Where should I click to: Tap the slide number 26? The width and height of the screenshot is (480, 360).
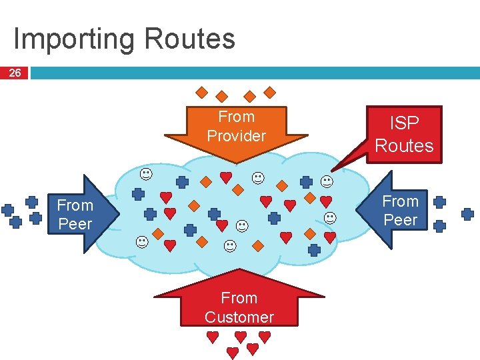pyautogui.click(x=14, y=73)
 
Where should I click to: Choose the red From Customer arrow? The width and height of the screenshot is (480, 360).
pyautogui.click(x=239, y=303)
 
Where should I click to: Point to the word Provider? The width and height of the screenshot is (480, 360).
pyautogui.click(x=236, y=136)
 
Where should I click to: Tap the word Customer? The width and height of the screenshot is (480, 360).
pyautogui.click(x=239, y=317)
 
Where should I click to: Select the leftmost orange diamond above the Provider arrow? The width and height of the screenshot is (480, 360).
pyautogui.click(x=201, y=93)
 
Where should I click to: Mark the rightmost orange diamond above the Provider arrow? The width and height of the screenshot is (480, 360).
pyautogui.click(x=270, y=92)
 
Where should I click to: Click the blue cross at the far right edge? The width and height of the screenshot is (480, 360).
pyautogui.click(x=468, y=214)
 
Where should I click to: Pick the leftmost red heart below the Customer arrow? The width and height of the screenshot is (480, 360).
pyautogui.click(x=212, y=337)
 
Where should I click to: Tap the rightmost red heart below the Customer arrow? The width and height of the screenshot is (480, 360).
pyautogui.click(x=265, y=337)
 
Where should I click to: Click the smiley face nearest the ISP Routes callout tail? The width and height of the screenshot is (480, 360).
pyautogui.click(x=327, y=181)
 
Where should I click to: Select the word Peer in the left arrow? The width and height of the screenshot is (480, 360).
pyautogui.click(x=75, y=224)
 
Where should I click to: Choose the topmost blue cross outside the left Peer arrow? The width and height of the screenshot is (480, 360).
pyautogui.click(x=31, y=201)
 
